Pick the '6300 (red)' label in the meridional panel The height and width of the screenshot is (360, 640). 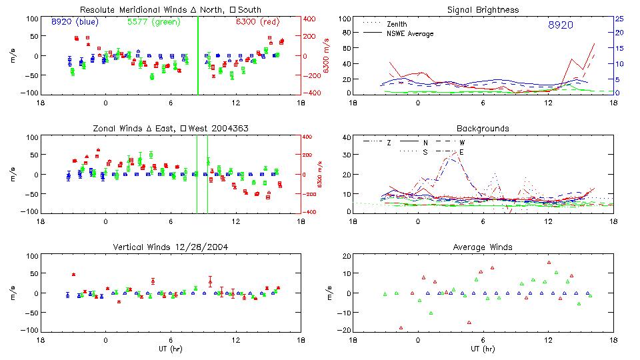(257, 22)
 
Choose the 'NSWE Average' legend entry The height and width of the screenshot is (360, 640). (409, 33)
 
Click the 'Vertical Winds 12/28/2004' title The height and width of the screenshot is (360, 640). (171, 247)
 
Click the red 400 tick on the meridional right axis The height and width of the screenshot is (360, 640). (310, 19)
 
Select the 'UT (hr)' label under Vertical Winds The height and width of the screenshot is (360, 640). (171, 349)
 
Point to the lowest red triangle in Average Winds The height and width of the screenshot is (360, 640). (401, 327)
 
